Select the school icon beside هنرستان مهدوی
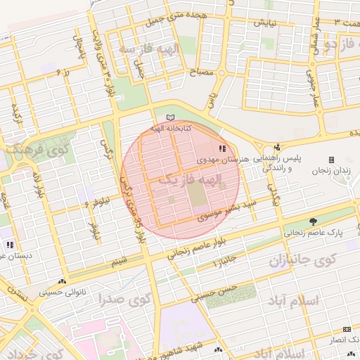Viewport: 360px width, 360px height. coord(223,149)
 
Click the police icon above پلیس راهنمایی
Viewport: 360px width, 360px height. coord(278,148)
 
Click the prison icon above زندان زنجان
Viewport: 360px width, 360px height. coord(332,160)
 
